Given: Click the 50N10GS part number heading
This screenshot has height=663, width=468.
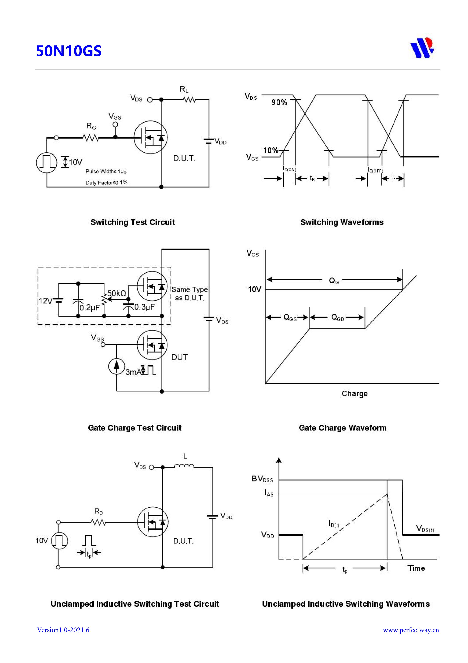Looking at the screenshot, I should click(x=69, y=51).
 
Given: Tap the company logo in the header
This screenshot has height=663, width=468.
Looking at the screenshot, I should click(x=422, y=48).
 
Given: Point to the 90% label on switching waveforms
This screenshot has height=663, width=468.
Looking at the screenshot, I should click(x=279, y=102).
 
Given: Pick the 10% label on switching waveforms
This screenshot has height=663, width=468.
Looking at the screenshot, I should click(x=270, y=150).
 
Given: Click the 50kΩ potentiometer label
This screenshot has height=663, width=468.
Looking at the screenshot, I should click(x=116, y=293).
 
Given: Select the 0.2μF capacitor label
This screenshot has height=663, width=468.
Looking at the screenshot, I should click(x=89, y=308).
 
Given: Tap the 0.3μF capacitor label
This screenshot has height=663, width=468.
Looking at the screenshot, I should click(x=145, y=307).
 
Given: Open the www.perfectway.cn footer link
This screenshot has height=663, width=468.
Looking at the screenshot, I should click(x=411, y=630).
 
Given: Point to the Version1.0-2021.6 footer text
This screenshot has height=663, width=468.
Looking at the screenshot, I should click(x=63, y=630).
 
